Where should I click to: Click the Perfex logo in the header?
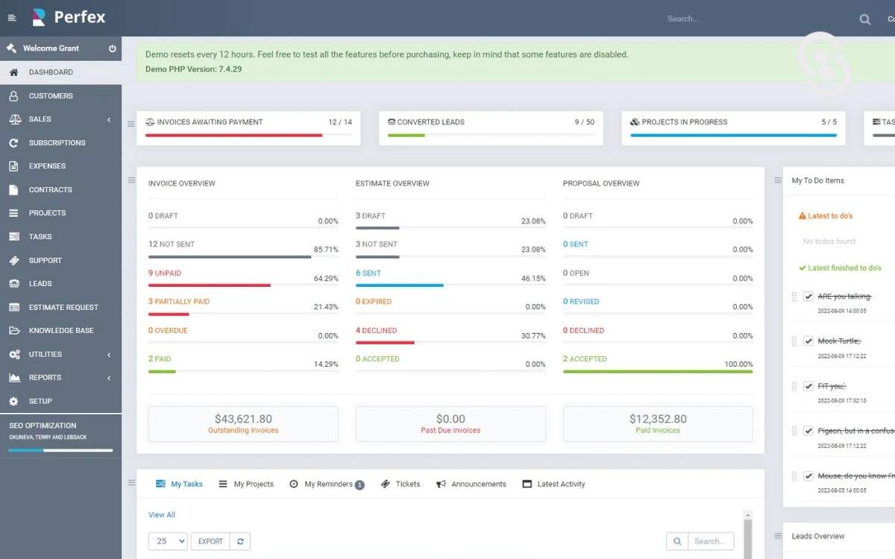pyautogui.click(x=69, y=17)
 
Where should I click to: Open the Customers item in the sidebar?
pyautogui.click(x=51, y=96)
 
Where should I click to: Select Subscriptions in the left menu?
pyautogui.click(x=57, y=143)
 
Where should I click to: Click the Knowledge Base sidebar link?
pyautogui.click(x=60, y=331)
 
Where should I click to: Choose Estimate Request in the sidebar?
pyautogui.click(x=63, y=307)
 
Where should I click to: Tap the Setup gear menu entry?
pyautogui.click(x=40, y=401)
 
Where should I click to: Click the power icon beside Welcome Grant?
pyautogui.click(x=113, y=48)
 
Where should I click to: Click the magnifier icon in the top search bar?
pyautogui.click(x=864, y=19)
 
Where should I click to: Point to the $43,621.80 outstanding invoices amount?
pyautogui.click(x=243, y=419)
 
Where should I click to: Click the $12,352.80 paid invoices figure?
pyautogui.click(x=658, y=419)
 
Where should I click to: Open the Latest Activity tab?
pyautogui.click(x=561, y=484)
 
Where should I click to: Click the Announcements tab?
pyautogui.click(x=478, y=484)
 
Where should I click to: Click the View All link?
pyautogui.click(x=161, y=515)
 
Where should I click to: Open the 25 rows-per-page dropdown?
pyautogui.click(x=168, y=542)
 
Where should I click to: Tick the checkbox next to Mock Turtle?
pyautogui.click(x=808, y=341)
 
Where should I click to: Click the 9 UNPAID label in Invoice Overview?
pyautogui.click(x=165, y=274)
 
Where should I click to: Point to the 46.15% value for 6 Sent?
pyautogui.click(x=533, y=279)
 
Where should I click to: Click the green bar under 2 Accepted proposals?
pyautogui.click(x=657, y=371)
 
